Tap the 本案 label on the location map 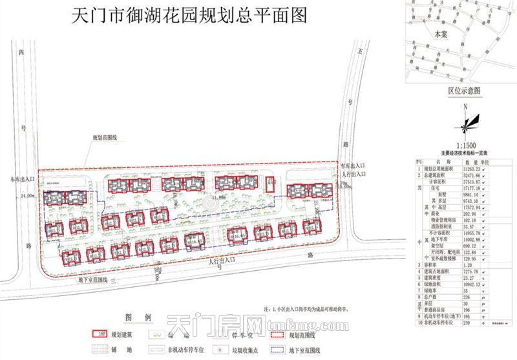click(x=440, y=32)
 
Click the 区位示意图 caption click(x=463, y=90)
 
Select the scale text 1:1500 click(x=465, y=146)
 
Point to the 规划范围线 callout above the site click(x=104, y=138)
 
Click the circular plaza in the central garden click(x=210, y=204)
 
